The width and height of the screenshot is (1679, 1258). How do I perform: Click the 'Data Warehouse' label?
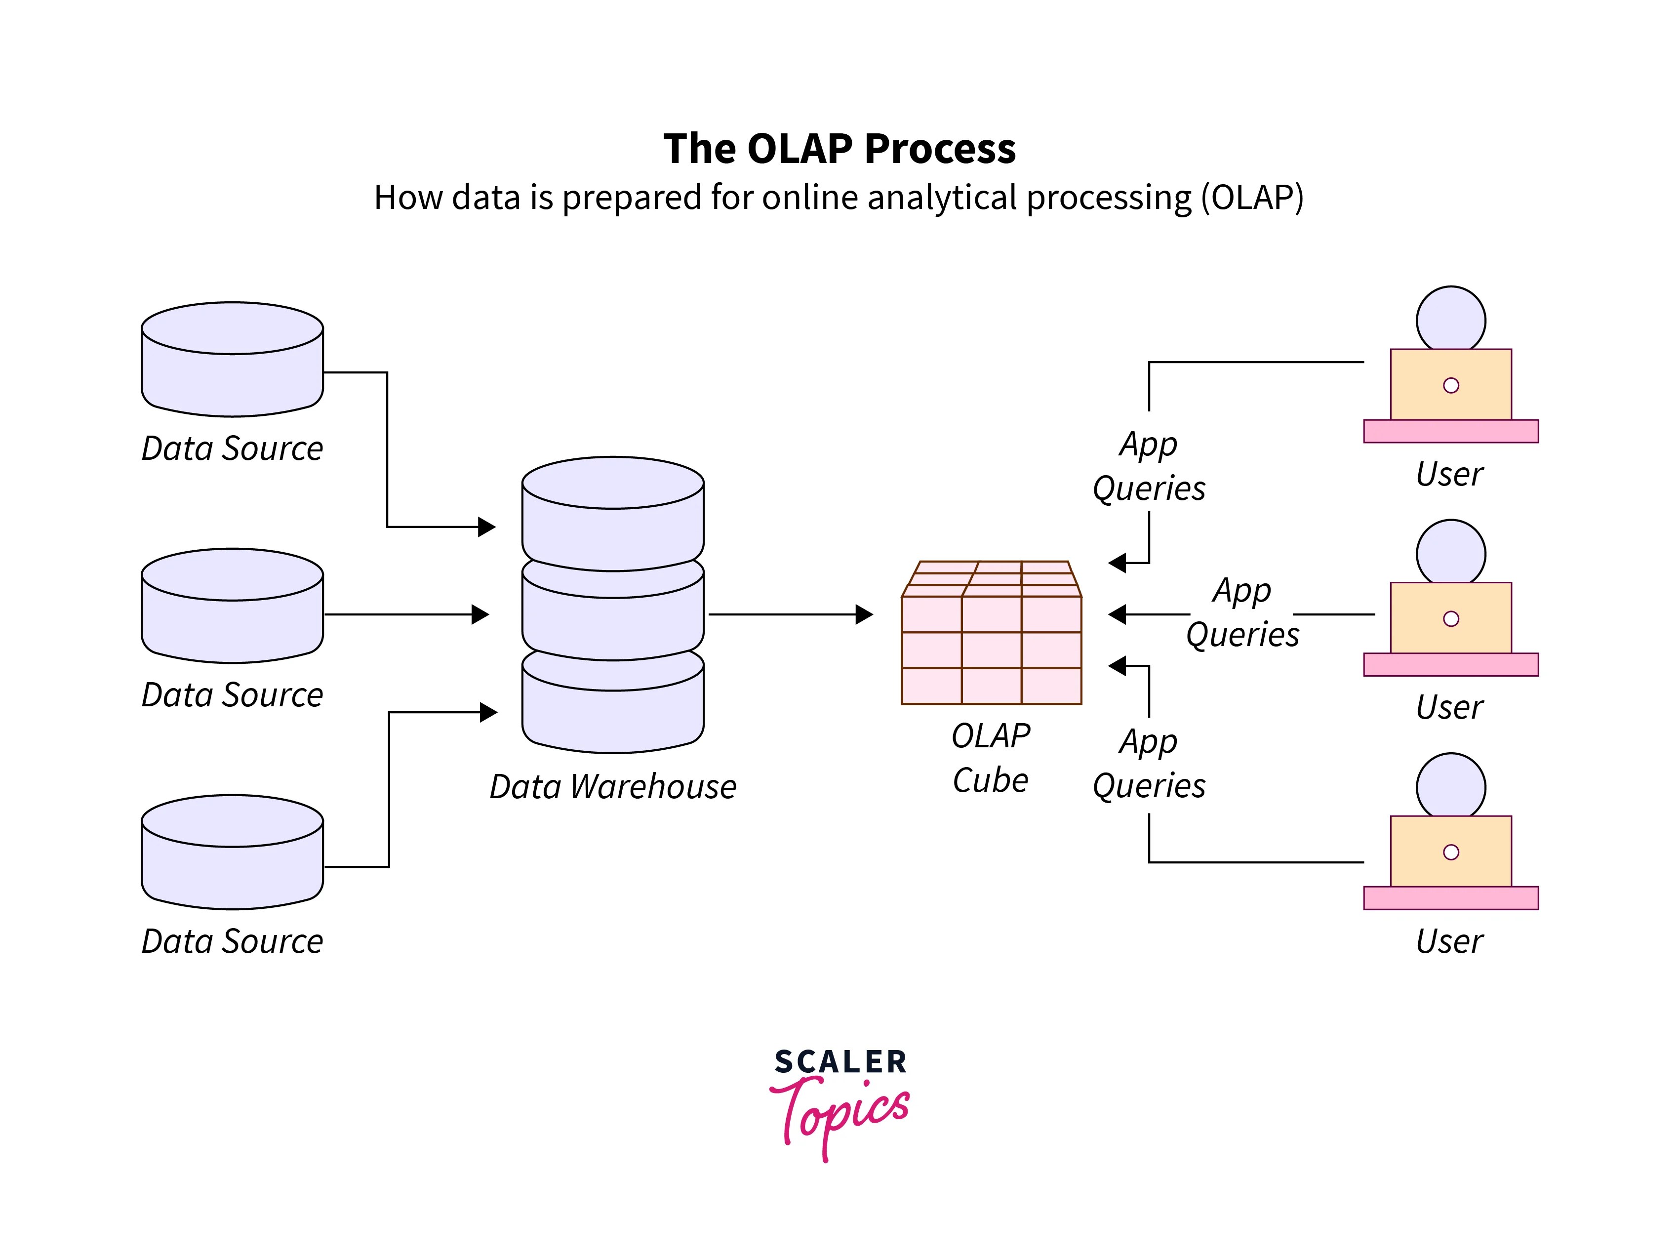coord(612,786)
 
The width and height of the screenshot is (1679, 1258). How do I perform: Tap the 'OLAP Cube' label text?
coord(991,758)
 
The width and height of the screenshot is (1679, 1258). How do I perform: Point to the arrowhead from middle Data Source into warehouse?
coord(480,614)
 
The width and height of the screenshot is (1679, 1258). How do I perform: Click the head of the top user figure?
coord(1450,319)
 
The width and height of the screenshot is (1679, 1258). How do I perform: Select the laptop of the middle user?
coord(1450,617)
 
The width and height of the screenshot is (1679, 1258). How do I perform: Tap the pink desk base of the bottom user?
coord(1450,897)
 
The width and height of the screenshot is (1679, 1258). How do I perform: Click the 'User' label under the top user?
coord(1449,475)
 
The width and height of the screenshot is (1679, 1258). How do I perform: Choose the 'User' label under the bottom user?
coord(1449,941)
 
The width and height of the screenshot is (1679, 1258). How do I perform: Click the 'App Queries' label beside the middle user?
coord(1242,612)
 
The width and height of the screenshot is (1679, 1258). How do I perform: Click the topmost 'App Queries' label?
coord(1149,465)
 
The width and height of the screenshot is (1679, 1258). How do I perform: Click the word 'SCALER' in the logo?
coord(840,1061)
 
